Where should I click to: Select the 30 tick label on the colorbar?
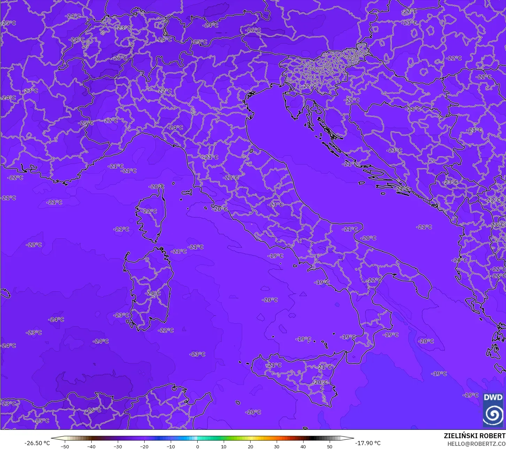277,446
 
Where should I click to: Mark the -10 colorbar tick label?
170,446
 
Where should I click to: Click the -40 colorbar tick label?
91,446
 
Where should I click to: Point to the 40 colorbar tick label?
303,446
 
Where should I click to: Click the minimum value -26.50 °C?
37,443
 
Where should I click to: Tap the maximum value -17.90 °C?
368,443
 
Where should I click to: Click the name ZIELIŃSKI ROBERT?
475,436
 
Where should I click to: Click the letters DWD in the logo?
493,397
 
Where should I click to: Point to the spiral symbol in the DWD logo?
493,414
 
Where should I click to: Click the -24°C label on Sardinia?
153,293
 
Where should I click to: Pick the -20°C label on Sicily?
321,382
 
